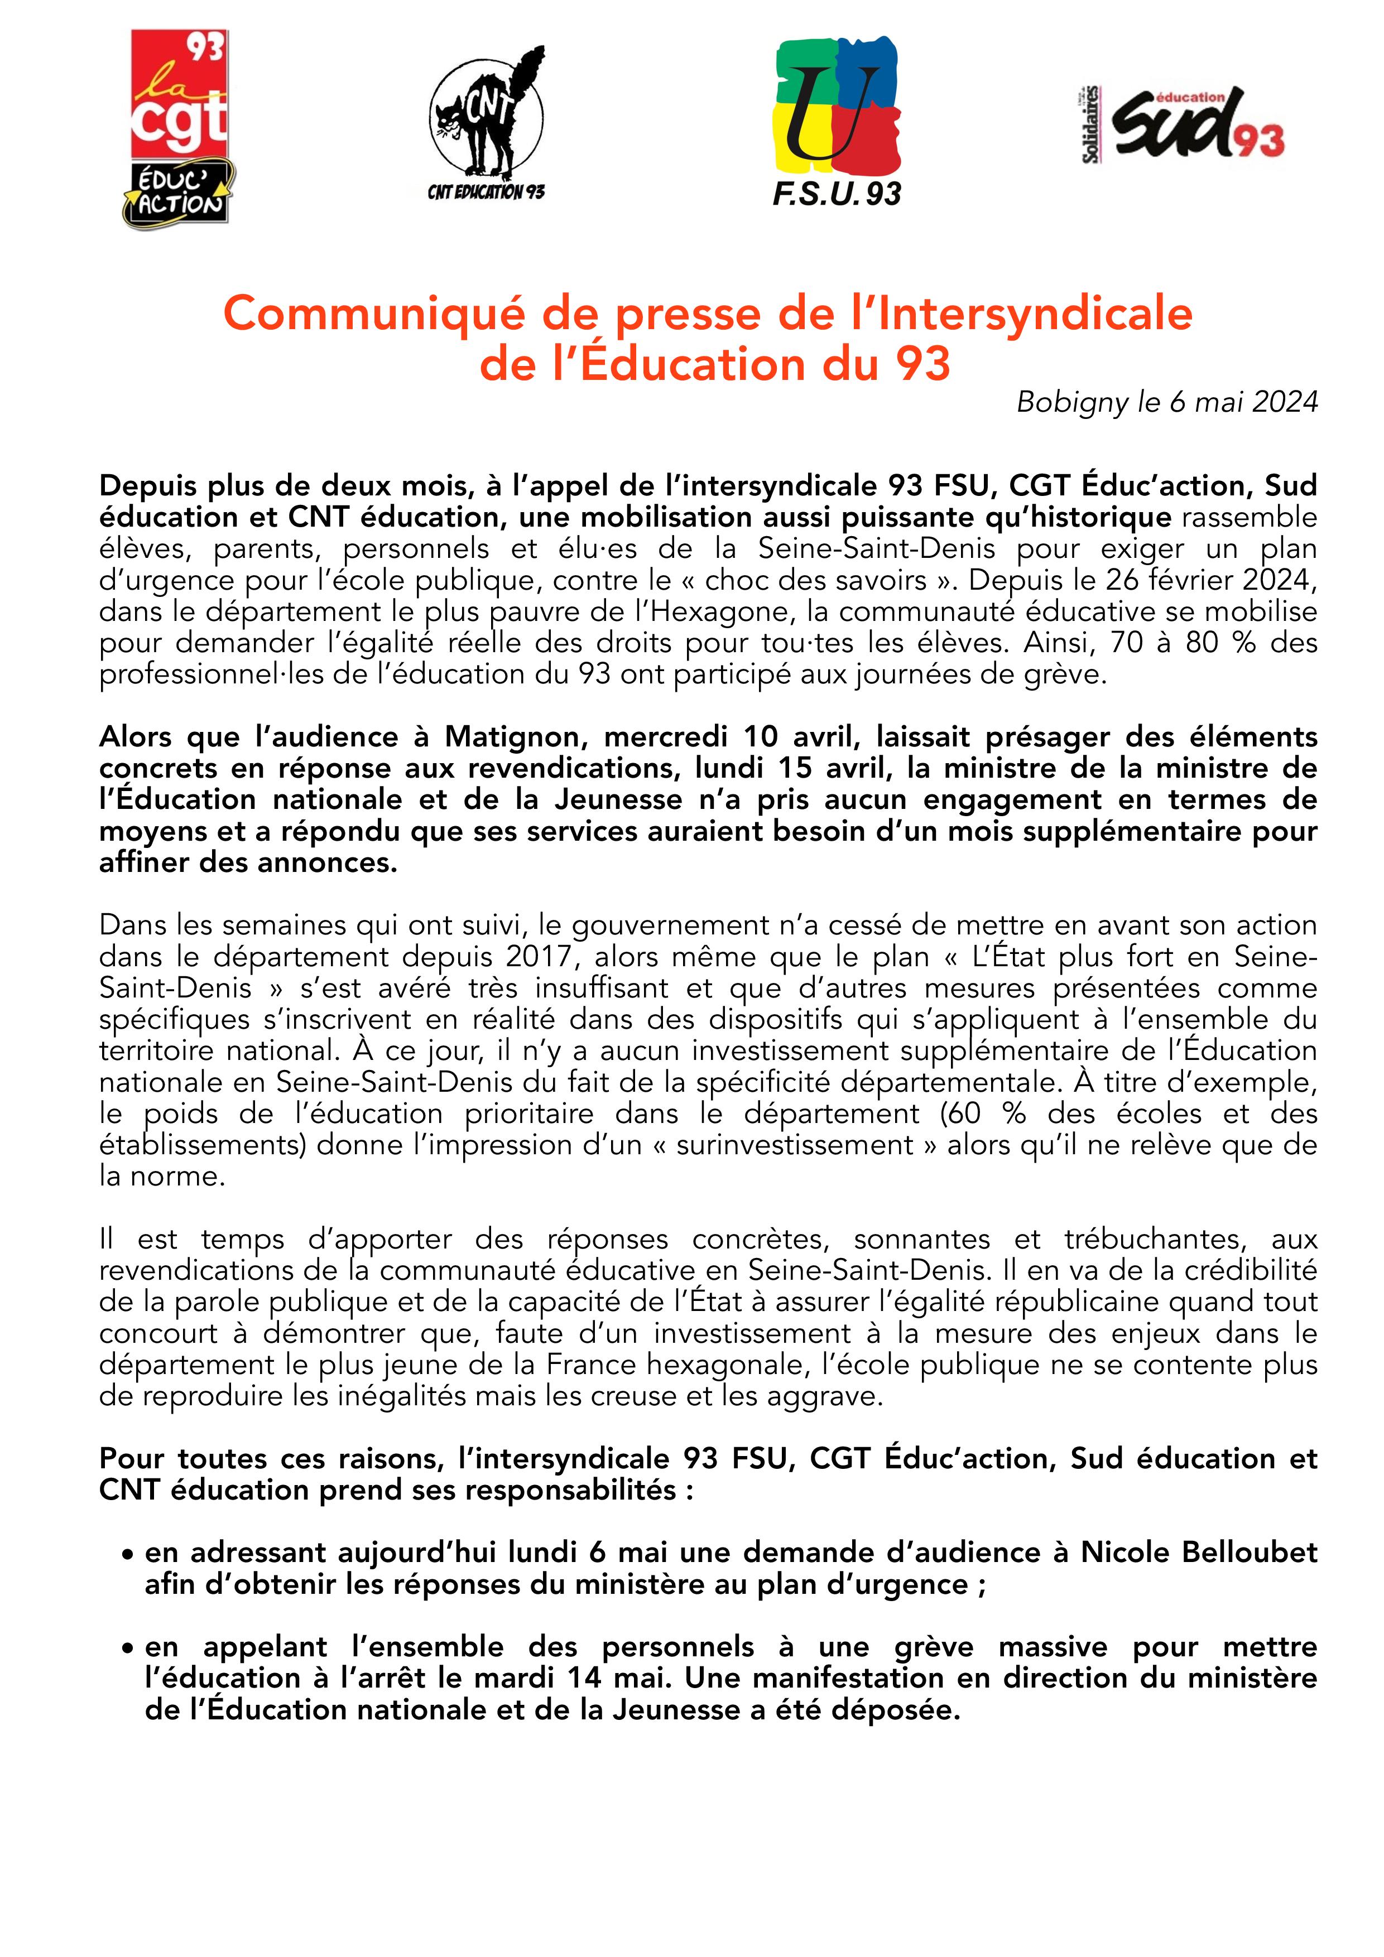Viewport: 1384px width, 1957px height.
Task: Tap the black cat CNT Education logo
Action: point(486,124)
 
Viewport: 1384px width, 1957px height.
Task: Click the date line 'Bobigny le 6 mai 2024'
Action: point(1166,402)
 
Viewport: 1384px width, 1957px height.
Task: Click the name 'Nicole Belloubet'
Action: point(1199,1553)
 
